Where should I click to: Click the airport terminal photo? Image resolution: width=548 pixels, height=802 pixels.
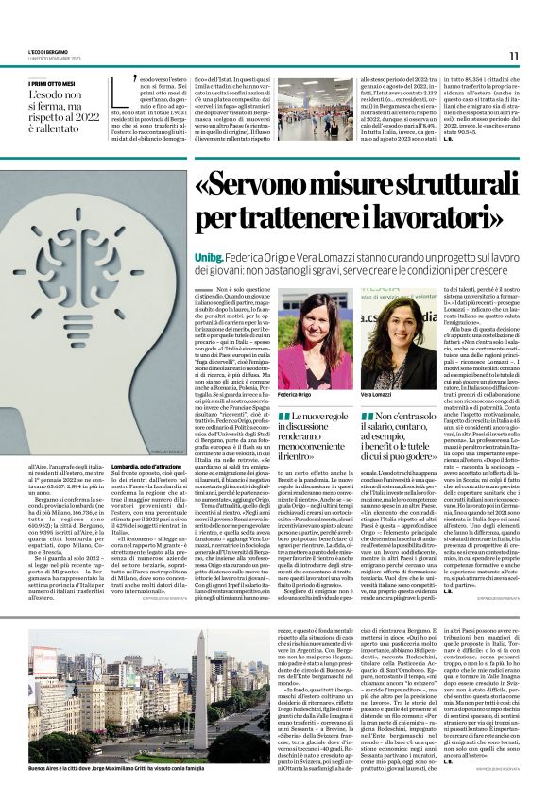coord(315,109)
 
